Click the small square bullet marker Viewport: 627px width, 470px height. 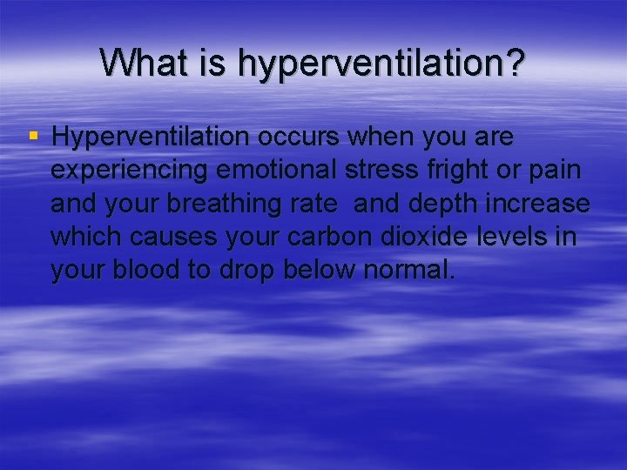tap(34, 136)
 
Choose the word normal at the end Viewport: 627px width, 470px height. tap(408, 270)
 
